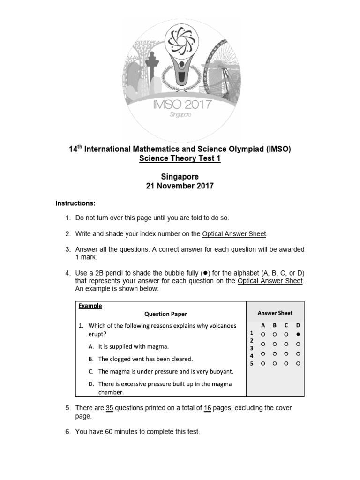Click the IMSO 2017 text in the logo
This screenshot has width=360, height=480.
[x=180, y=104]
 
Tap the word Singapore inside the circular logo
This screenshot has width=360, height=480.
[x=180, y=115]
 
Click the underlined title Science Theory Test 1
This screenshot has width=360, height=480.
[x=180, y=158]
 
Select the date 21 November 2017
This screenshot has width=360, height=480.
[x=180, y=186]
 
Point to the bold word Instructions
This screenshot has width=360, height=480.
[x=75, y=203]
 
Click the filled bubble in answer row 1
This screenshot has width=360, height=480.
[x=298, y=335]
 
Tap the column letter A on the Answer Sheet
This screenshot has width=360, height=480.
[x=263, y=325]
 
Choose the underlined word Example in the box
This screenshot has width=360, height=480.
[x=90, y=306]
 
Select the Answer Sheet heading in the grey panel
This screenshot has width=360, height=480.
[x=275, y=313]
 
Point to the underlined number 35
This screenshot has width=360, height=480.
[x=110, y=408]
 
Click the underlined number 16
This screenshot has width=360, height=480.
[x=208, y=408]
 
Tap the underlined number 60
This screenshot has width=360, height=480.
[x=109, y=432]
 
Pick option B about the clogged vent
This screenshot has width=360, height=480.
[x=145, y=359]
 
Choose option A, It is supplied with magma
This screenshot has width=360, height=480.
[x=133, y=347]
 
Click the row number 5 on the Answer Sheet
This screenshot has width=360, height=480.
[x=251, y=363]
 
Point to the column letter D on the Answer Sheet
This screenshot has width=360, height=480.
[x=298, y=325]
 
